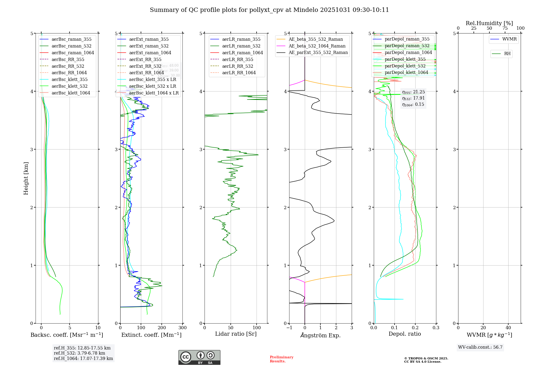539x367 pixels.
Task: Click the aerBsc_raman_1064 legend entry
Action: (x=73, y=53)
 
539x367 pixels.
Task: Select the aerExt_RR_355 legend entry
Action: (x=145, y=59)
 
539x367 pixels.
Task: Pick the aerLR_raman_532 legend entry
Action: (x=241, y=46)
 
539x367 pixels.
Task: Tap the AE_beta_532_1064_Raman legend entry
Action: (x=317, y=46)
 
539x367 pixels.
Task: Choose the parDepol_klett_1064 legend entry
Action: (x=406, y=72)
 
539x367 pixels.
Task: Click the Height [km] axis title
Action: (x=26, y=178)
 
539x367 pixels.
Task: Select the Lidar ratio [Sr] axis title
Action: (x=236, y=334)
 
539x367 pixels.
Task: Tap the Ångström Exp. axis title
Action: (x=320, y=335)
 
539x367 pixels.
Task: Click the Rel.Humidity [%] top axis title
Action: (x=489, y=23)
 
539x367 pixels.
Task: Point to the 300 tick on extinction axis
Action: (x=182, y=328)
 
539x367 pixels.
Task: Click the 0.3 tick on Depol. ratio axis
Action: (x=436, y=328)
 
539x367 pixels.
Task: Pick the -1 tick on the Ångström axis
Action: (x=289, y=328)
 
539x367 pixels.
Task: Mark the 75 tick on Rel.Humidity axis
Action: (x=505, y=28)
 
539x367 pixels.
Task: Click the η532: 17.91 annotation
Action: (x=413, y=98)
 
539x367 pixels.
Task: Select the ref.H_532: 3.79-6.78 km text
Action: (x=79, y=353)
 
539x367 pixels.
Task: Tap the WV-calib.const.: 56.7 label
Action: (x=480, y=347)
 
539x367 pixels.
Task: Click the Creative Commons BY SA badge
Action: (x=199, y=357)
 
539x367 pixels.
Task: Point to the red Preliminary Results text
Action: (x=281, y=359)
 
